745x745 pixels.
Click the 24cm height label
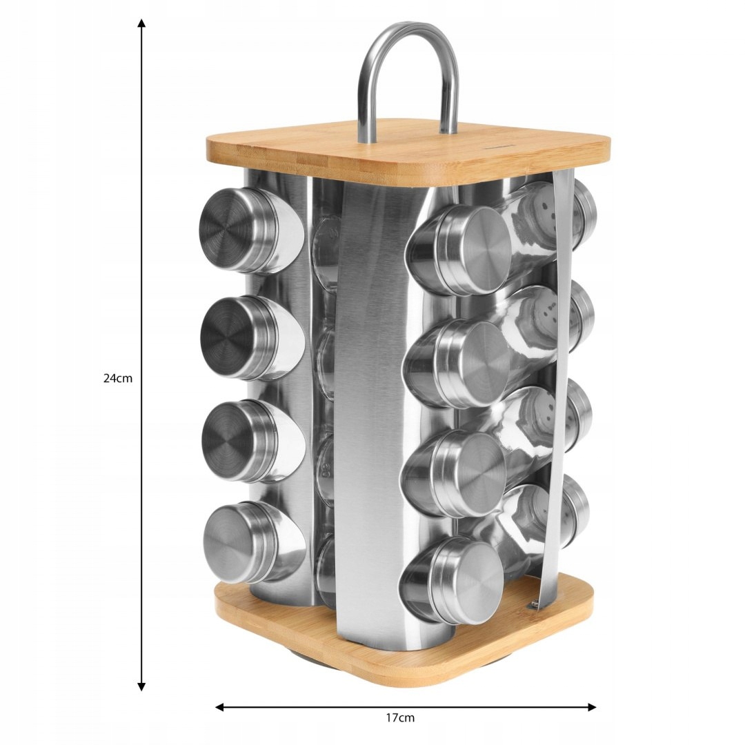118,379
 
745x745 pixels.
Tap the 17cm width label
399,717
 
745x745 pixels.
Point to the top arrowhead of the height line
141,23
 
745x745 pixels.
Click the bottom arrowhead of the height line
141,686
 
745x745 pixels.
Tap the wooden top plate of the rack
408,152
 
